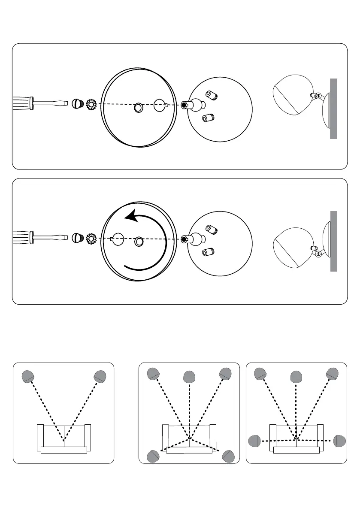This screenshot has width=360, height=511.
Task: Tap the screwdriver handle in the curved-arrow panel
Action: (x=22, y=236)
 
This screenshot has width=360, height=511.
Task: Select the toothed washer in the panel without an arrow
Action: (x=91, y=104)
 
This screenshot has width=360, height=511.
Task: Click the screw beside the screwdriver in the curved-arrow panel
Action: (x=77, y=237)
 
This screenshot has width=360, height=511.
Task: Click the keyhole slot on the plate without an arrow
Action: (x=160, y=105)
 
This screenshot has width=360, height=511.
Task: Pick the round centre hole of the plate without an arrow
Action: (x=138, y=108)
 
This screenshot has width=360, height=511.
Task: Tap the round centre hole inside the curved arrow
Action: (x=138, y=242)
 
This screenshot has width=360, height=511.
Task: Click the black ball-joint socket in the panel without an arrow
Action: (x=184, y=105)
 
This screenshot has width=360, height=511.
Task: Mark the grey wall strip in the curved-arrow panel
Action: (x=333, y=241)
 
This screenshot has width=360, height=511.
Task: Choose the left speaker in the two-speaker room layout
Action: (x=28, y=376)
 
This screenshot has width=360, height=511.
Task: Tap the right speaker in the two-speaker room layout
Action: (x=100, y=376)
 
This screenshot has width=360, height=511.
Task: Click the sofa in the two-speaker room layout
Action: (x=64, y=438)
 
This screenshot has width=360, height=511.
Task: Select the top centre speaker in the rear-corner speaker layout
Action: (x=189, y=377)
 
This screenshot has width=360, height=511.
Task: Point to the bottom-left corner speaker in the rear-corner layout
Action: (x=153, y=456)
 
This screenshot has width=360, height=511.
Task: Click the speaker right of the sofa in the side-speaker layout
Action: (x=339, y=441)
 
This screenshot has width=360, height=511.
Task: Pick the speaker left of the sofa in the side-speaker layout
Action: (x=255, y=441)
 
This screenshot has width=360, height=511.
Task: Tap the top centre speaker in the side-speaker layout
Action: (x=296, y=377)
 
